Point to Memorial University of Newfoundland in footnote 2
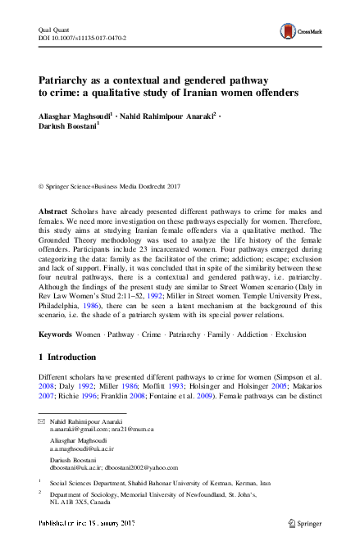[x=177, y=494]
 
